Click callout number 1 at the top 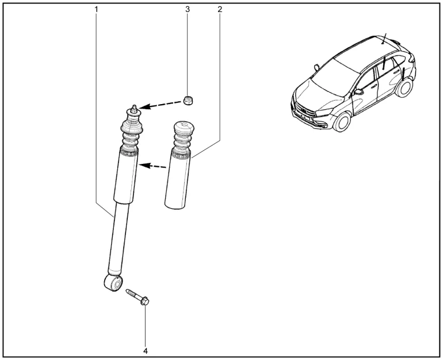coord(96,9)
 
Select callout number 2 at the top coord(220,9)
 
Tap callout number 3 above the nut coord(188,9)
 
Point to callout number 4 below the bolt coord(146,351)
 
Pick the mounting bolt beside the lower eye coord(138,297)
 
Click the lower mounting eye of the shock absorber coord(113,282)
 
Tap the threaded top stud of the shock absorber coord(135,108)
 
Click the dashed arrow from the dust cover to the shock coord(152,166)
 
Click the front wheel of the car coord(342,122)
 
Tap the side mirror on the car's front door coord(358,92)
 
